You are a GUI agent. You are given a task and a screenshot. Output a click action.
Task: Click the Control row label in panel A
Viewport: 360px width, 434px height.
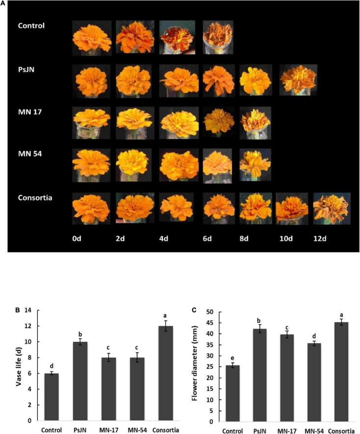31,26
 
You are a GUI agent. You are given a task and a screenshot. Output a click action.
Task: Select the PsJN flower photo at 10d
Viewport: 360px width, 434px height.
298,79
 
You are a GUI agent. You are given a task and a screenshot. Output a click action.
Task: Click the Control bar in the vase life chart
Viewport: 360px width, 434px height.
52,397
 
